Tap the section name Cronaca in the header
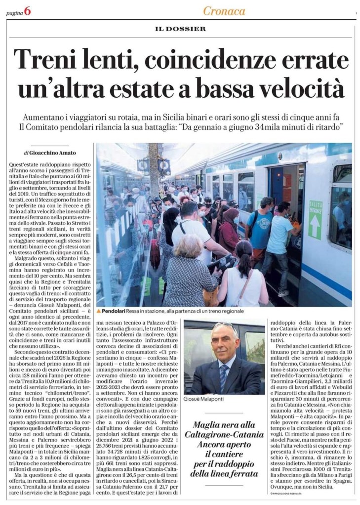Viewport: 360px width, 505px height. pyautogui.click(x=224, y=11)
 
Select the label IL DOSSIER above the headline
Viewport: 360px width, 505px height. pyautogui.click(x=180, y=29)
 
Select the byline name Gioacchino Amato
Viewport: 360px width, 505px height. pyautogui.click(x=50, y=152)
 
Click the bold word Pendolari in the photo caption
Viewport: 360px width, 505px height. pyautogui.click(x=116, y=311)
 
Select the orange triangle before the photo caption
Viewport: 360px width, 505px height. pyautogui.click(x=99, y=311)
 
